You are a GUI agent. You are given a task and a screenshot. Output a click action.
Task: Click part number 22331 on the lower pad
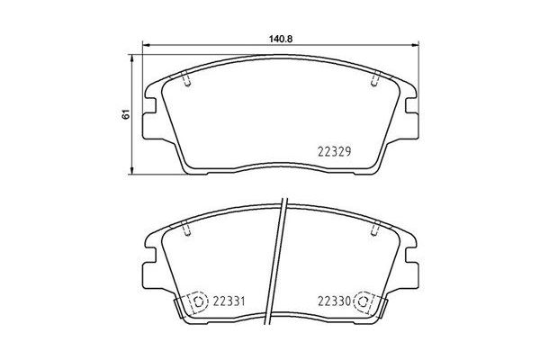(229, 301)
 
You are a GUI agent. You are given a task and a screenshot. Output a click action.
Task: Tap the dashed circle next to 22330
(364, 301)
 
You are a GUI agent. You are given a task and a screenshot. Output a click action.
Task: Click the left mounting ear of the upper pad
(149, 103)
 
